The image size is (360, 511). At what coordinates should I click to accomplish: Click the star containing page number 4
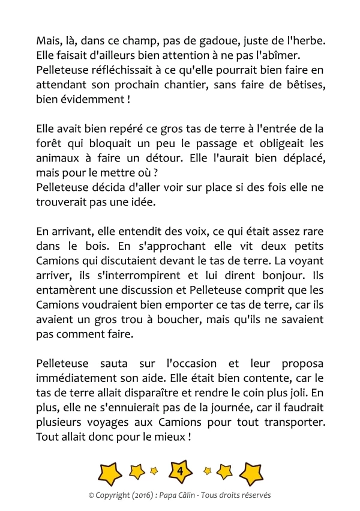pyautogui.click(x=180, y=473)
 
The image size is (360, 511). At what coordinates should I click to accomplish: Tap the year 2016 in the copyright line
pyautogui.click(x=137, y=495)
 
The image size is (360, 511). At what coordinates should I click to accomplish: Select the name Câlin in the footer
pyautogui.click(x=195, y=495)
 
